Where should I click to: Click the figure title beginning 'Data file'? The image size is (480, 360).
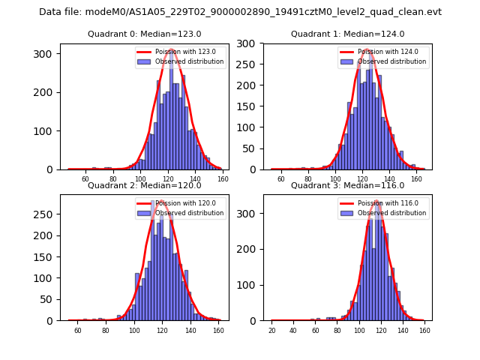tap(240, 12)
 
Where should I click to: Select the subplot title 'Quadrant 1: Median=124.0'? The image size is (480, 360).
tap(347, 34)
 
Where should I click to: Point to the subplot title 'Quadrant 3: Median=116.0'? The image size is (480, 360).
tap(347, 185)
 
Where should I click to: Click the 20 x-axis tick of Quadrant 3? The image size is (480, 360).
tap(271, 330)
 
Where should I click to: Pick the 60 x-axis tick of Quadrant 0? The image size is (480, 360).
tap(85, 179)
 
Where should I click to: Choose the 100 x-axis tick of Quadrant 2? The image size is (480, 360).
tap(134, 330)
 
